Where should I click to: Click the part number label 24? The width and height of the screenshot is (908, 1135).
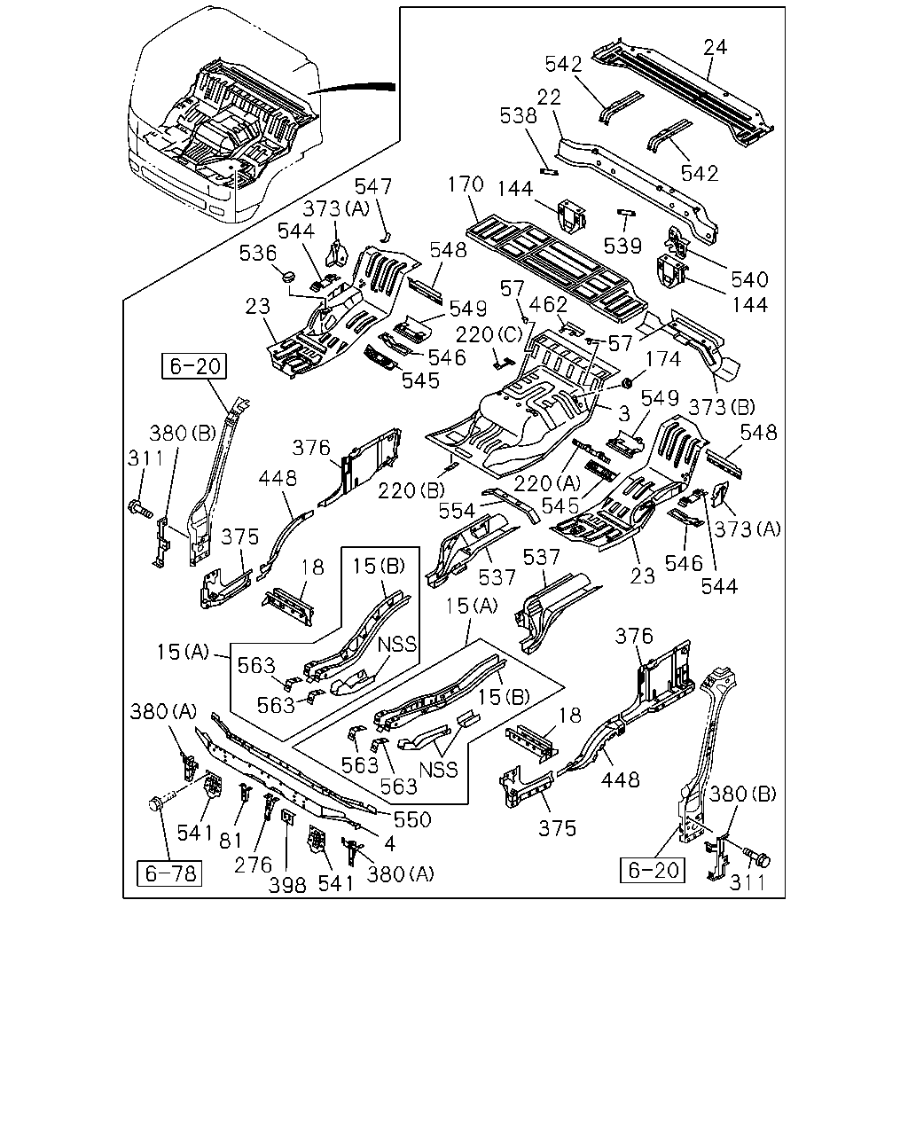point(715,48)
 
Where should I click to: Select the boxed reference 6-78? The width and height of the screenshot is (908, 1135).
point(169,873)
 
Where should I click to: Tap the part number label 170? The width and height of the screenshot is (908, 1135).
point(466,184)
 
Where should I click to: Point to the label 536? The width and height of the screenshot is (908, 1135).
point(257,254)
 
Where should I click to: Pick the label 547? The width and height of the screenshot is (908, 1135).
point(373,187)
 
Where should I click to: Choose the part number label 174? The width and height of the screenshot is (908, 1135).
point(662,359)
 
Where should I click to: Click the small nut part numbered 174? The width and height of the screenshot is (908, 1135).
point(627,382)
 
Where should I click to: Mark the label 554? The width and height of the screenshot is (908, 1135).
point(457,511)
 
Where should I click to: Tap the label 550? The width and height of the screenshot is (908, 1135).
point(412,819)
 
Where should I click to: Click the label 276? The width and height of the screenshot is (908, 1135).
point(253,865)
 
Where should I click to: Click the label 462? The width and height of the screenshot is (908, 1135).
point(548,305)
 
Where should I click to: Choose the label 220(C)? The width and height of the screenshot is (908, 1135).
point(489,335)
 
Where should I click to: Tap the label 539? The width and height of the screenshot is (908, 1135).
point(622,247)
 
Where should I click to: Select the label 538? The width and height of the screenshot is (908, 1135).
point(518,116)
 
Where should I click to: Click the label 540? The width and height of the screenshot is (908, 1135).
point(749,279)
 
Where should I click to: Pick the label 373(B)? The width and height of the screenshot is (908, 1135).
point(722,407)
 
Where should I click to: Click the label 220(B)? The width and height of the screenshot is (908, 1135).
point(411,491)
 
